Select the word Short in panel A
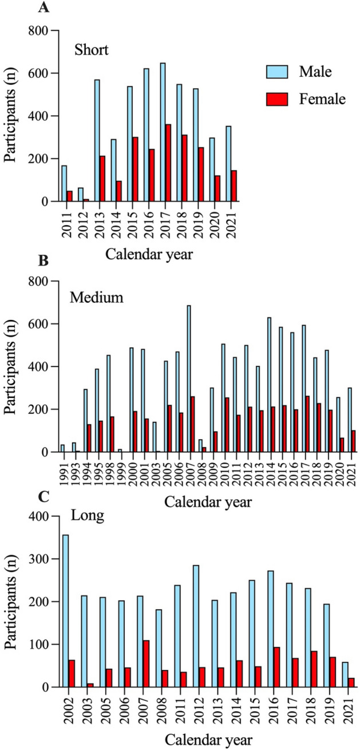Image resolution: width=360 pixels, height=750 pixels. coord(92,50)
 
